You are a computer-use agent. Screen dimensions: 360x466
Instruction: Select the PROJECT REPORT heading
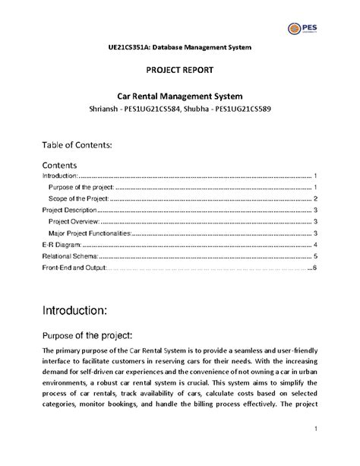179,71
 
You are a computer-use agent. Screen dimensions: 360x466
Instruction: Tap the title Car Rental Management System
179,97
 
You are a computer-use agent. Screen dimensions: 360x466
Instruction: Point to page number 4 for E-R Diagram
314,246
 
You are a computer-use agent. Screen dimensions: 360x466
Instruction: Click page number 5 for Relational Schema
314,257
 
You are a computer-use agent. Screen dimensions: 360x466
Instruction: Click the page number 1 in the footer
314,431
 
